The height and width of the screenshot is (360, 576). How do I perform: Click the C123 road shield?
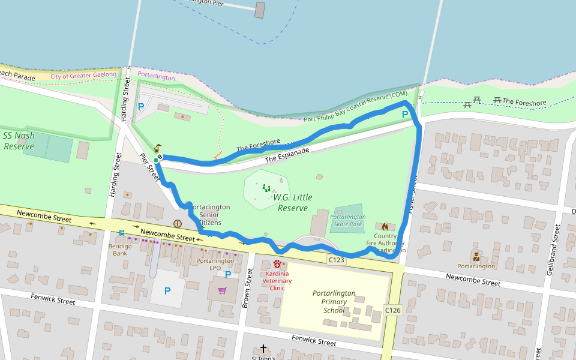point(336,260)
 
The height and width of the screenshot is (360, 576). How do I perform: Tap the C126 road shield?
point(392,310)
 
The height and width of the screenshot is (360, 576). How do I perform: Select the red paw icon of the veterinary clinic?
point(277,263)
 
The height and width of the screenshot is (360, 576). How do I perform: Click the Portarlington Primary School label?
point(334,302)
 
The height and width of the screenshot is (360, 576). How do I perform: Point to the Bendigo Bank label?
point(120,249)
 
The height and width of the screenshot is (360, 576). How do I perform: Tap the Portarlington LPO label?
point(215,265)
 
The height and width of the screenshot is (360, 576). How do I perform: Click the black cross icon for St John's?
point(263,348)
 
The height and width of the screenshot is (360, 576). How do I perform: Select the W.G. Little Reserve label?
point(293,203)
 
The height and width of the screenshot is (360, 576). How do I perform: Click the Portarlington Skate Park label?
point(347,220)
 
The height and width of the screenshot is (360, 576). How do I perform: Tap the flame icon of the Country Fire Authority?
point(385,227)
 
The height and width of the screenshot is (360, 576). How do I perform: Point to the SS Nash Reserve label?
point(19,140)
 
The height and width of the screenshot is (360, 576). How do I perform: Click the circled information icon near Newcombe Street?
point(177,224)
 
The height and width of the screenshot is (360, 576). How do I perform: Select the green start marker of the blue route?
point(156,160)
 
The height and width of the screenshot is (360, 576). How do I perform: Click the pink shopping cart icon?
point(222,290)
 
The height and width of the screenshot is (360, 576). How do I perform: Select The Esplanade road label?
point(287,155)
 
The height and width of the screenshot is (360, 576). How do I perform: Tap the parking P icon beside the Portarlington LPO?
point(227,275)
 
